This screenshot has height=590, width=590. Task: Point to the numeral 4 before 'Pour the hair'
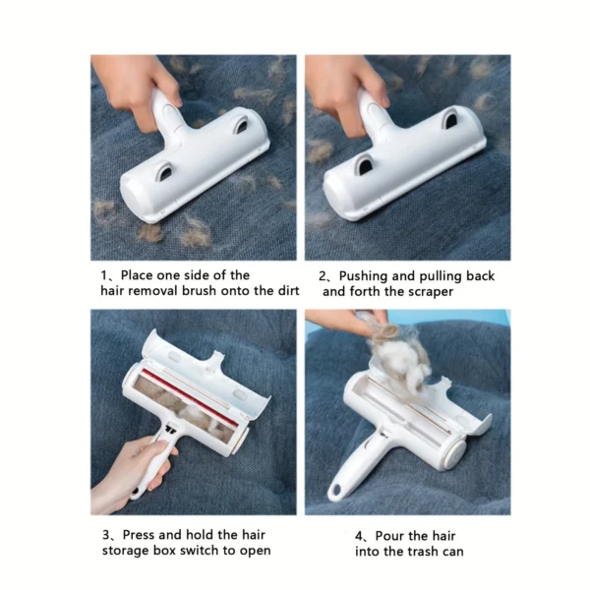point(360,534)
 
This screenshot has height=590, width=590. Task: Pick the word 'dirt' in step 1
point(276,292)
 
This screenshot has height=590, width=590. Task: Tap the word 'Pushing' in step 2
point(370,275)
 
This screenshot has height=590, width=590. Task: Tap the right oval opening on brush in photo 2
point(449,120)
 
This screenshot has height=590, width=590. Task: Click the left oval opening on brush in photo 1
point(165,171)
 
